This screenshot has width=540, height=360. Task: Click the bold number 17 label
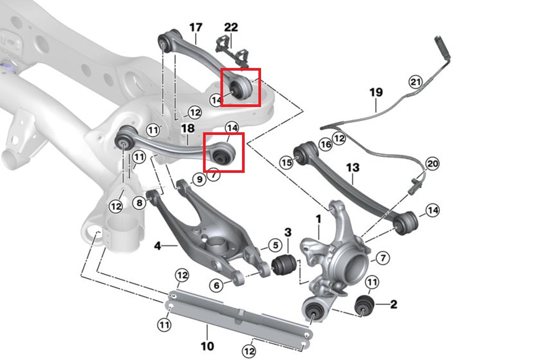196,26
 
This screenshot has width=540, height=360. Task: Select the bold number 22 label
231,27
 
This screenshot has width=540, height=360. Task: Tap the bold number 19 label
375,93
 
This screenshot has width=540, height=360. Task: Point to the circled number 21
416,81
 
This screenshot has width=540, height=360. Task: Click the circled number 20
432,164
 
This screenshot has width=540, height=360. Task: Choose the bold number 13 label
353,168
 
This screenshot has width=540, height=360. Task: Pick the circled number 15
286,163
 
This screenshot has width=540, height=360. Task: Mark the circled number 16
325,144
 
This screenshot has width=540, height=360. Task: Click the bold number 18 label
188,128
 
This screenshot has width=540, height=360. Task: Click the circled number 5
275,245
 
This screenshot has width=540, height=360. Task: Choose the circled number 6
216,285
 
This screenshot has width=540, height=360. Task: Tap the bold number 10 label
207,346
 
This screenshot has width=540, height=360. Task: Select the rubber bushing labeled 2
364,304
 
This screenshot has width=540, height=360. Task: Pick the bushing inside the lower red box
221,153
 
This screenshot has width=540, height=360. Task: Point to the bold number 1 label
319,219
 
